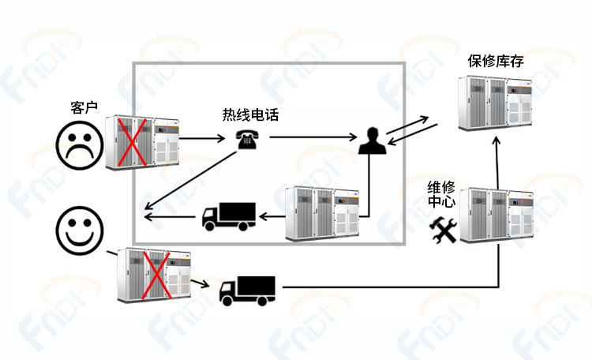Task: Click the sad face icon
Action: tap(79, 145)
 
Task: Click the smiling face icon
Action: tap(79, 230)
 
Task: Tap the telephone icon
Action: tap(247, 140)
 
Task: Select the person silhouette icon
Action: tap(373, 141)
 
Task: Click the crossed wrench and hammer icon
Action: tap(443, 230)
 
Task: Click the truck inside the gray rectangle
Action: tap(229, 216)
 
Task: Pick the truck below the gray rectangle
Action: tap(247, 291)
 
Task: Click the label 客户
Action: tap(84, 107)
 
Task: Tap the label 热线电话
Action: tap(250, 114)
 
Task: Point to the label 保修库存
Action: tap(496, 61)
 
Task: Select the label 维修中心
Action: tap(441, 193)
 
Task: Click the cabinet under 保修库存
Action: tap(496, 103)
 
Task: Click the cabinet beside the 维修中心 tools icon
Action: tap(496, 215)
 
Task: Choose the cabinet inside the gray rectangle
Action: tap(322, 213)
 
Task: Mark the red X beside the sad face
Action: tap(132, 142)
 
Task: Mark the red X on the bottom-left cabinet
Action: tap(156, 274)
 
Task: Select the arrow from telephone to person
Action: tap(313, 137)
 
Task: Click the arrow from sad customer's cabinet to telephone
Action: tap(202, 138)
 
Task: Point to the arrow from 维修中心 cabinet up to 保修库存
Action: tap(496, 163)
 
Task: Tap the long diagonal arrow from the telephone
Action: tap(191, 180)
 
